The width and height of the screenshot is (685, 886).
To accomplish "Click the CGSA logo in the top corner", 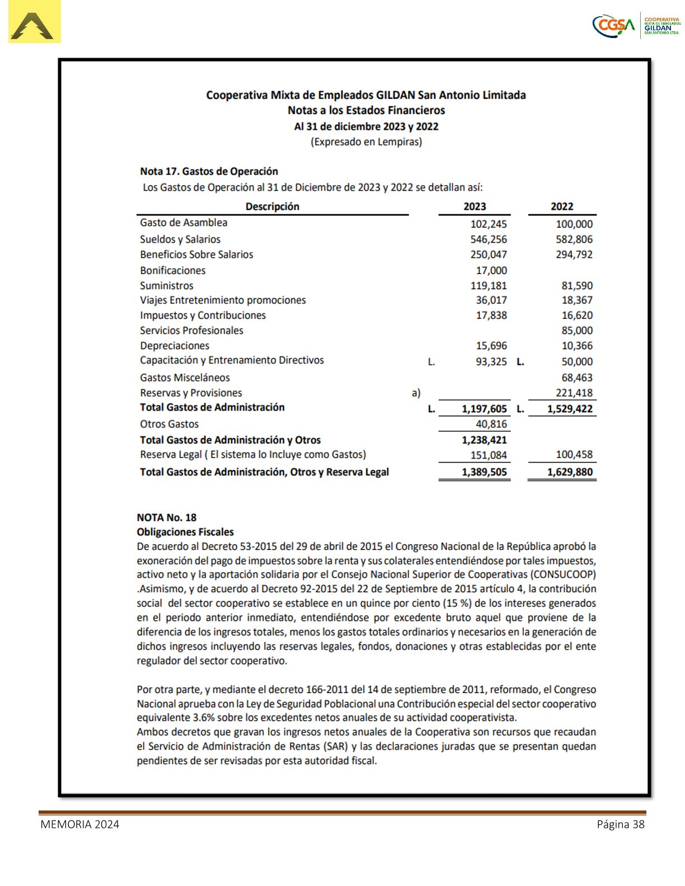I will [x=636, y=26].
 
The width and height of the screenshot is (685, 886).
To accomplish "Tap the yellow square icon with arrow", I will [x=35, y=22].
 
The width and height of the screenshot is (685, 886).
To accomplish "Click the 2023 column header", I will [x=475, y=206].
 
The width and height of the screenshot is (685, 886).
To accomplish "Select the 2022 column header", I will [x=562, y=206].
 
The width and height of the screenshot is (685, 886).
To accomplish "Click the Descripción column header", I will [x=273, y=206].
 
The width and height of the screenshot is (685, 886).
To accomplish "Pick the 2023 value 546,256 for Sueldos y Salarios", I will [x=489, y=239].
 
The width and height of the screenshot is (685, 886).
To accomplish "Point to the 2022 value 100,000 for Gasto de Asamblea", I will [x=574, y=224].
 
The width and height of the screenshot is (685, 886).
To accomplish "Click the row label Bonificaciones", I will [x=172, y=270].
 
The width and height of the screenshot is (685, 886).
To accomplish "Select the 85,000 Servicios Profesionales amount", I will [x=577, y=331].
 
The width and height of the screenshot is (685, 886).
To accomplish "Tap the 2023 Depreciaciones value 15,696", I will [x=491, y=346].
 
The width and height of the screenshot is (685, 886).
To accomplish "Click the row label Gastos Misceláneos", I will [x=185, y=378].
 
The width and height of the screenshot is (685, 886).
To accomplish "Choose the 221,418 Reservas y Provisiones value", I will [x=574, y=393].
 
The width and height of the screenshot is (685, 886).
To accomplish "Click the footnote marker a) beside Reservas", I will [x=416, y=393].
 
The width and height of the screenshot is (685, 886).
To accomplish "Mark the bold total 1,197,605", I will [x=484, y=409].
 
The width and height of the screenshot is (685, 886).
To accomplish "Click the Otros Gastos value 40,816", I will [x=491, y=424].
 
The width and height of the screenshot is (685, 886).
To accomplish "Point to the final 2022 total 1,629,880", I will [x=570, y=472].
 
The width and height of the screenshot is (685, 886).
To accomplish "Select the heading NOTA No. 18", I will [x=167, y=517].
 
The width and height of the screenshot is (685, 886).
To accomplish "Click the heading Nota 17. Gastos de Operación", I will [x=209, y=171].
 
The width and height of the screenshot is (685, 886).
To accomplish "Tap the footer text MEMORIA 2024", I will [x=79, y=824].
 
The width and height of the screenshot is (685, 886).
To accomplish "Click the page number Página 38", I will [x=621, y=824].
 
